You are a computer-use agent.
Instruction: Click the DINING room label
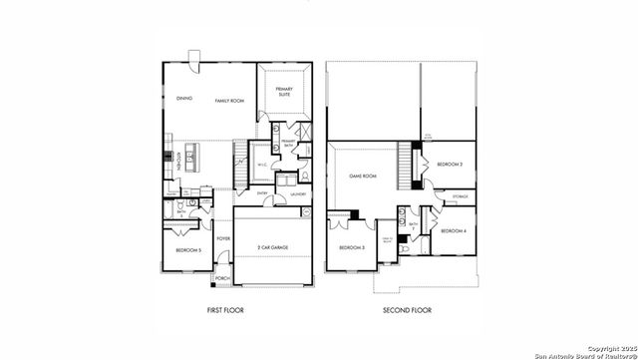click(x=183, y=99)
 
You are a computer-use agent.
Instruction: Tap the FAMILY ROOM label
click(x=229, y=101)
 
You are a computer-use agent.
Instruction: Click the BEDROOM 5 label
click(x=188, y=249)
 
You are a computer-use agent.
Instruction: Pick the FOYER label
click(x=223, y=238)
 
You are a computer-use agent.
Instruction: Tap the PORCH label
click(x=222, y=277)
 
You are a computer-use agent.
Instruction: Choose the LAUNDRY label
click(x=297, y=193)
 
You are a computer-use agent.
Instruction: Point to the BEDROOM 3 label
click(x=351, y=247)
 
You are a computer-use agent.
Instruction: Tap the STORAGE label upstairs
click(x=459, y=197)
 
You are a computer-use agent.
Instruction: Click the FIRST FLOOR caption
click(x=224, y=311)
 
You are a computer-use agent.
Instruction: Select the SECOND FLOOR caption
click(x=407, y=311)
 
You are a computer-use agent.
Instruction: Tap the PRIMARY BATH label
click(x=287, y=144)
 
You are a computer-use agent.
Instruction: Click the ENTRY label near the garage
click(x=261, y=193)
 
